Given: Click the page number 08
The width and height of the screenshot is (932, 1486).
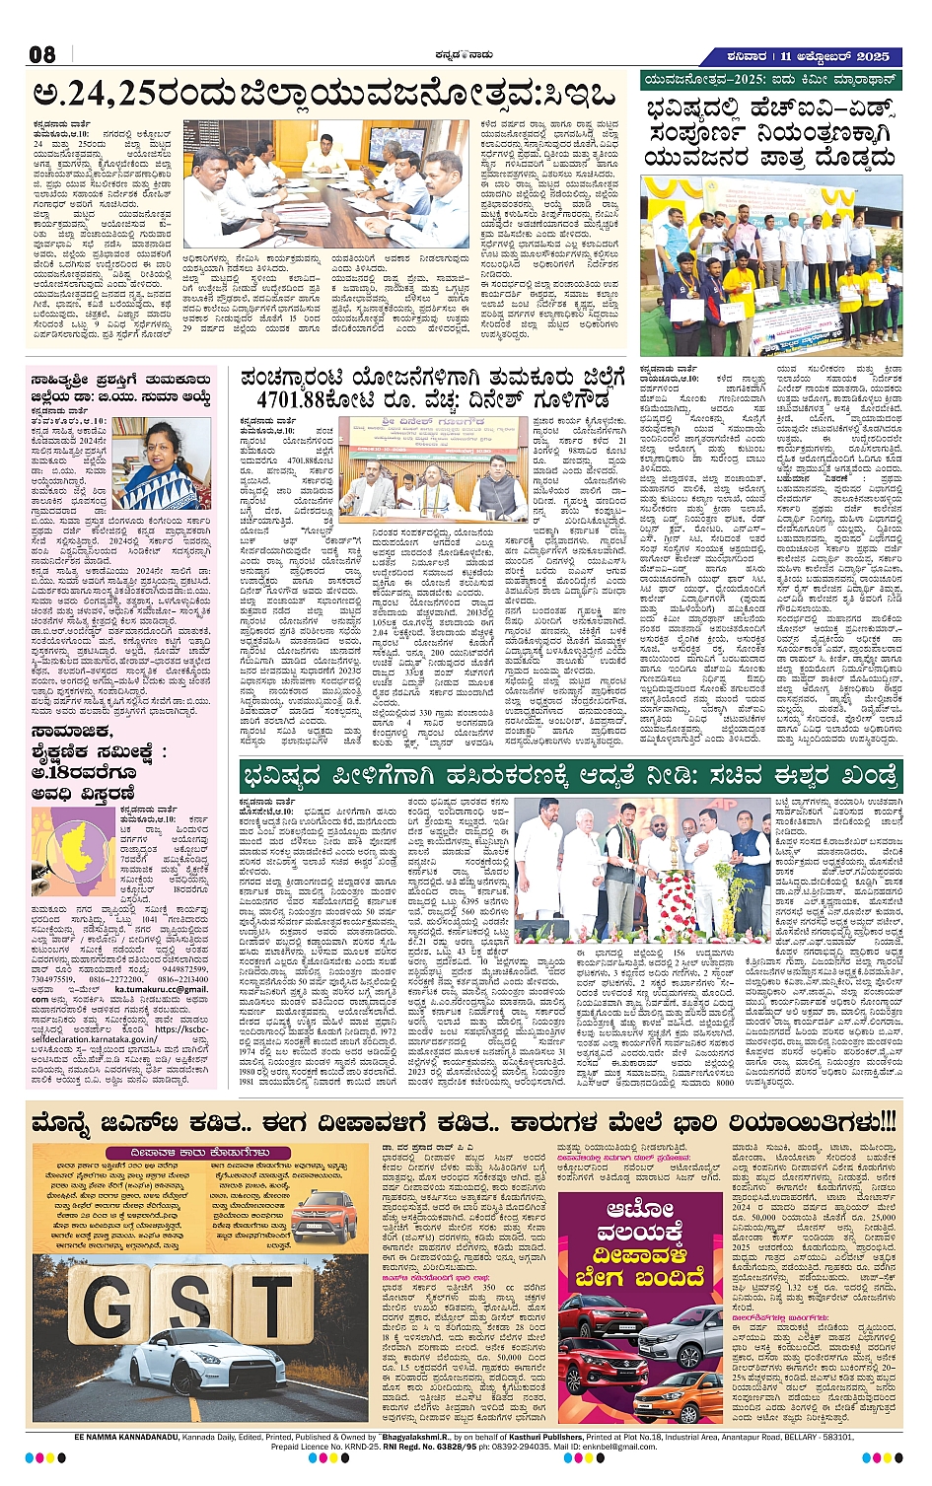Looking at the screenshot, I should (x=42, y=54).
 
